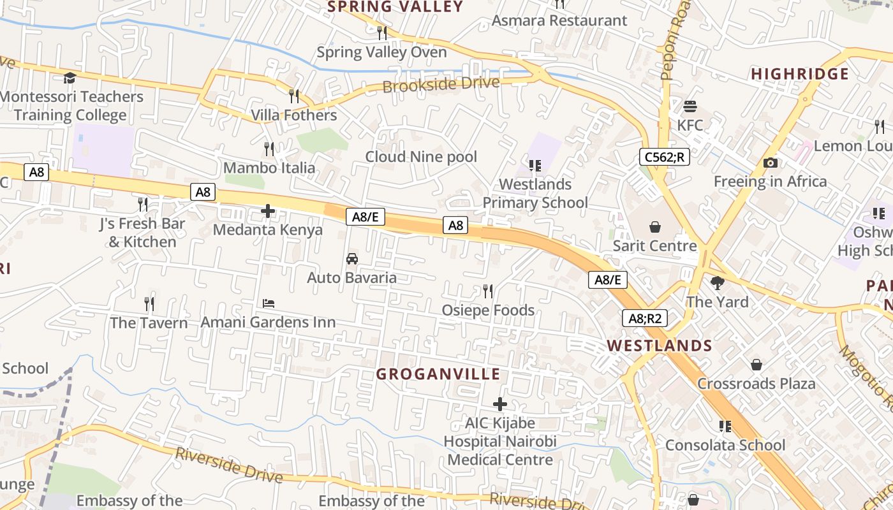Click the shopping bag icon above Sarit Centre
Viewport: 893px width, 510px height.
coord(654,226)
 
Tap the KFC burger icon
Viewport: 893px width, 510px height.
coord(690,106)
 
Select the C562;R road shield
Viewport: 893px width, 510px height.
coord(665,156)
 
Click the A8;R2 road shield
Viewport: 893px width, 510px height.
coord(644,318)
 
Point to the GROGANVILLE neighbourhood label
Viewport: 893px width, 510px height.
coord(438,374)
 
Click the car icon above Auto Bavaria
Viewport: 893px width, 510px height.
coord(351,258)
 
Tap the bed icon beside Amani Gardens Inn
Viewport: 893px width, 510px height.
coord(269,303)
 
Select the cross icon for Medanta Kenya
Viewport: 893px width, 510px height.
coord(268,210)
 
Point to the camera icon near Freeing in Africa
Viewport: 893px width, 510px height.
coord(770,163)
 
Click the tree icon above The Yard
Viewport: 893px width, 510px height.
coord(717,282)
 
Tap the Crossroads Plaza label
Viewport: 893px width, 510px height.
coord(756,384)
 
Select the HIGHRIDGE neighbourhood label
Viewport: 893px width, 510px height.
coord(799,74)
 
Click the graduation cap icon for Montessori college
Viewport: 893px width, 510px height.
coord(70,78)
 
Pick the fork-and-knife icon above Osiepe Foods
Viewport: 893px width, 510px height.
coord(488,291)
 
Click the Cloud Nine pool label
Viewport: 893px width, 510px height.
coord(421,157)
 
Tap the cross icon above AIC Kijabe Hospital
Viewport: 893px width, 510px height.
coord(500,404)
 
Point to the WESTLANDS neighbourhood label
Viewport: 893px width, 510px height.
coord(659,346)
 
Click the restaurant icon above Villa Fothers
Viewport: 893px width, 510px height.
coord(294,96)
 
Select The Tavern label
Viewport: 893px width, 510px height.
coord(149,323)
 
